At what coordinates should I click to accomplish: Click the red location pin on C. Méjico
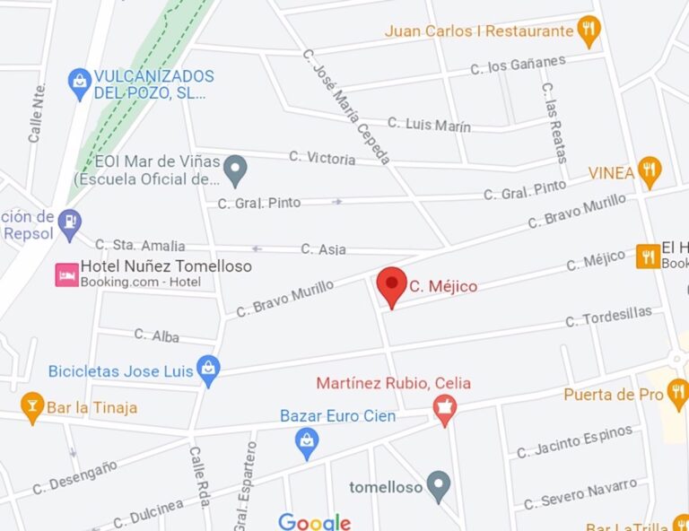click(x=391, y=285)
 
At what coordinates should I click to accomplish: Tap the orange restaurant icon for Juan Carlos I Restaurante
click(x=589, y=30)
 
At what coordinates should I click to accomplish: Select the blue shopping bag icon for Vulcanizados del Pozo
click(x=80, y=84)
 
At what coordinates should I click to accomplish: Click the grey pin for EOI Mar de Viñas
click(x=235, y=167)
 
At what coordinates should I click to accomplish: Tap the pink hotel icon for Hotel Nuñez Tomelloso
click(x=66, y=274)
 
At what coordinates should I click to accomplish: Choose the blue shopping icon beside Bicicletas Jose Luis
click(x=209, y=370)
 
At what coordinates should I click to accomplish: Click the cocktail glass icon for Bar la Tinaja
click(x=32, y=406)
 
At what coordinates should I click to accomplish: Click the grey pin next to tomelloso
click(x=438, y=486)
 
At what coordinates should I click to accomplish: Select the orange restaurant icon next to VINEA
click(x=650, y=170)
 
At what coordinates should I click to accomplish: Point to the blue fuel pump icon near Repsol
click(x=70, y=221)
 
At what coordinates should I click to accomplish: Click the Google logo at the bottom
click(x=314, y=521)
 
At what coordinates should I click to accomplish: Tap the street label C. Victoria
click(x=322, y=158)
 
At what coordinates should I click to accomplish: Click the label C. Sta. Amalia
click(x=140, y=245)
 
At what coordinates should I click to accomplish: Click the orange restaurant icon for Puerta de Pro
click(x=677, y=392)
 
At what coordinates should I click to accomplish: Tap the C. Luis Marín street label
click(x=429, y=124)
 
